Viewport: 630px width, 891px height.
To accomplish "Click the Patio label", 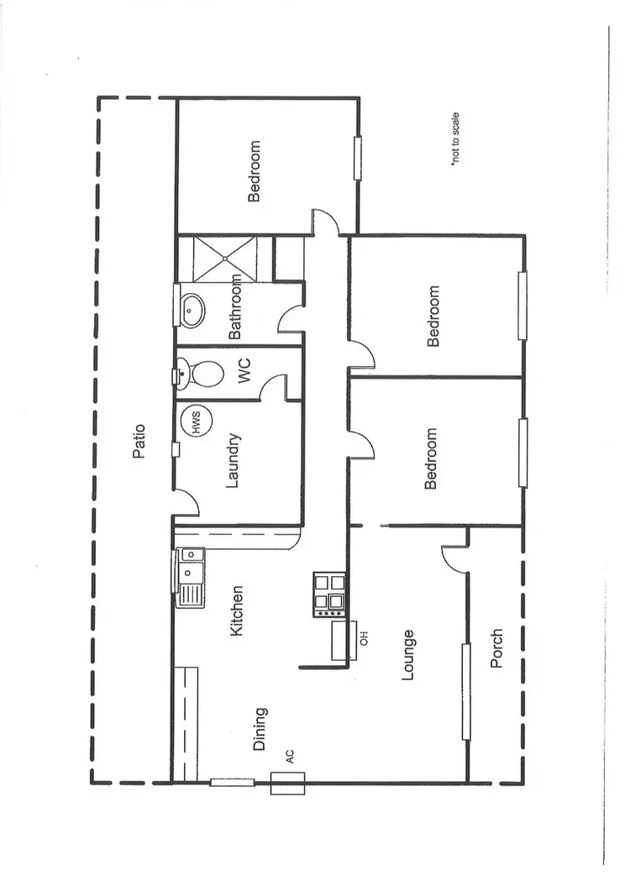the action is coord(139,442).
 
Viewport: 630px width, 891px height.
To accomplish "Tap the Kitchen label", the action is coord(237,611).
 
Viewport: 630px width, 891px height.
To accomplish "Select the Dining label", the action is coord(260,728).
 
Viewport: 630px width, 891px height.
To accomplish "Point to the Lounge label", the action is coord(408,654).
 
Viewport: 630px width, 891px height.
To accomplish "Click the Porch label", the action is coord(496,648).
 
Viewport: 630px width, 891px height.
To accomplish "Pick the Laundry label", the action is coord(234,460).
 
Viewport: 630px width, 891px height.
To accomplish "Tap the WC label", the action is coord(245,374).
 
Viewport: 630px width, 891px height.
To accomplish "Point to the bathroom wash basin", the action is coord(193,310).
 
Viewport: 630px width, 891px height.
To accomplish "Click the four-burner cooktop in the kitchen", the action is coord(328,594).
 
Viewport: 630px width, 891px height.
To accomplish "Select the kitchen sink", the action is coord(190,576).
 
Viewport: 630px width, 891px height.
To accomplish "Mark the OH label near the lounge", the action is coord(364,637).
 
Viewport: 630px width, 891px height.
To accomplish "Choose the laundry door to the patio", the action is coord(186,504).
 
